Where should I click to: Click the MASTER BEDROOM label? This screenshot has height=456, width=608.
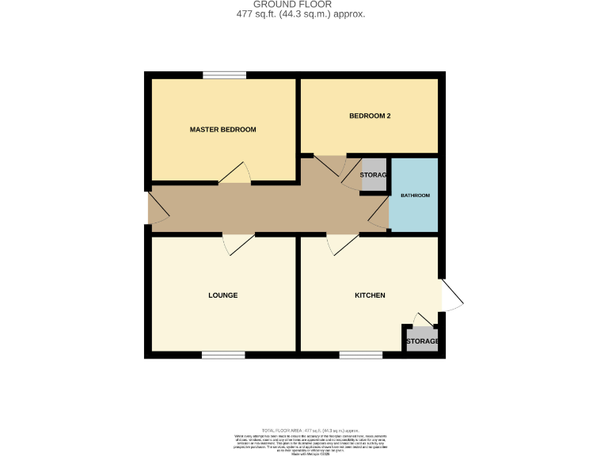point(222,129)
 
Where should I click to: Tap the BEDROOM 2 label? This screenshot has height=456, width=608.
point(370,116)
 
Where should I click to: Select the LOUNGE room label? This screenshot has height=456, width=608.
point(222,295)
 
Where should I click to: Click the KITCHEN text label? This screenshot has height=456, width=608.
point(369,295)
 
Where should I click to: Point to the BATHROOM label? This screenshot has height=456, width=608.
point(415,196)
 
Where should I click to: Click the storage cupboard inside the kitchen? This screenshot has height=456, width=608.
point(421,340)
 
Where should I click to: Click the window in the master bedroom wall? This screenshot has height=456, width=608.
point(223,75)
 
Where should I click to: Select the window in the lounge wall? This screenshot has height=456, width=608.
point(222,355)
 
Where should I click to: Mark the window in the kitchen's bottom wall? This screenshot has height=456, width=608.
point(361,355)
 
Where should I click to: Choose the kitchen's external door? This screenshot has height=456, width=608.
point(451,294)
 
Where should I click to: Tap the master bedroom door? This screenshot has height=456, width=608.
point(235,174)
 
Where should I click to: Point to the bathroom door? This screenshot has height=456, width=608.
point(379,214)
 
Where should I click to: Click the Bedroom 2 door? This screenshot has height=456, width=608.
point(329,164)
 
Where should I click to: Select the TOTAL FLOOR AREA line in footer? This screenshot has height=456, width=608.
point(303,430)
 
